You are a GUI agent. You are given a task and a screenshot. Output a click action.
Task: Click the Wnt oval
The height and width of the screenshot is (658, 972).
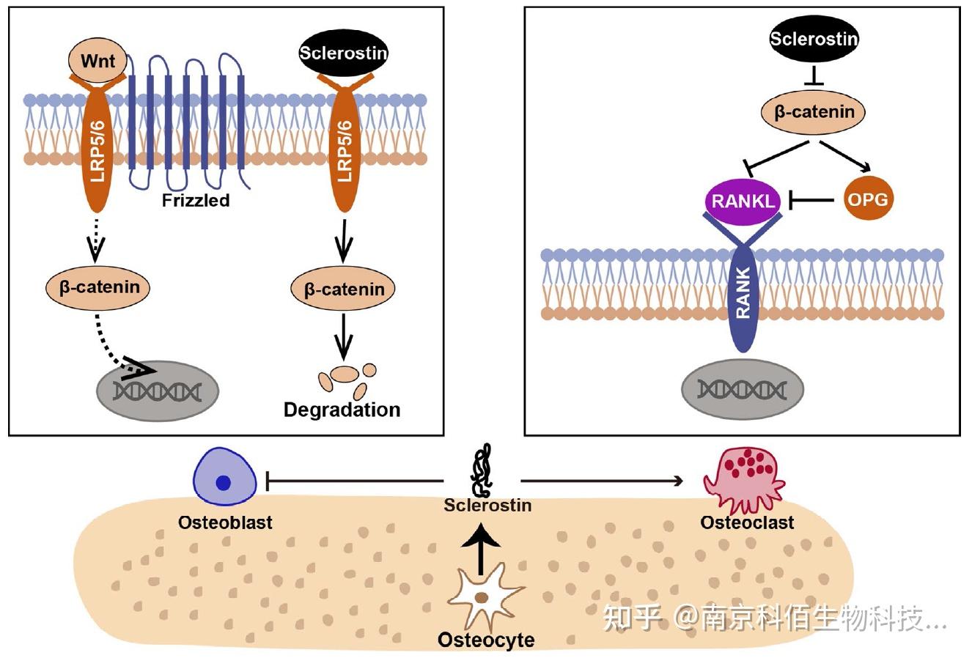[x=97, y=60]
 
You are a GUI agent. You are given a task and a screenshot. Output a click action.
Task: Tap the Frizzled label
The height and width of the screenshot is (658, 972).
[x=196, y=200]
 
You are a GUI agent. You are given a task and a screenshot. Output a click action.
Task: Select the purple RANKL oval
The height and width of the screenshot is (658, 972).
[x=743, y=202]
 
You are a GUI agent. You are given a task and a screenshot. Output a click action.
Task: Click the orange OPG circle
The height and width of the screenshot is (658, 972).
[x=869, y=199]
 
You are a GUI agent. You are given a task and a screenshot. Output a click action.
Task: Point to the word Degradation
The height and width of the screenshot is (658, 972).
[x=342, y=410]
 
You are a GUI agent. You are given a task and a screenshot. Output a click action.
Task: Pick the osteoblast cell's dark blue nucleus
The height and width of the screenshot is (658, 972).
[x=223, y=482]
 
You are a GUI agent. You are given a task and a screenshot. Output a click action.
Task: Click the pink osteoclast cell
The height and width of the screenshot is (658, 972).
[x=744, y=480]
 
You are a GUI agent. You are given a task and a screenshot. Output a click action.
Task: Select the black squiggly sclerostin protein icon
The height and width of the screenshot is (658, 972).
[x=481, y=470]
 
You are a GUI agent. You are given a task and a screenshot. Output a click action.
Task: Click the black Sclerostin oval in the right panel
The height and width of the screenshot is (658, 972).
[x=814, y=39]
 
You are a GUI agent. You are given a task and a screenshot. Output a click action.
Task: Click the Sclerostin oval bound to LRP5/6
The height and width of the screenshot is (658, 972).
[x=343, y=53]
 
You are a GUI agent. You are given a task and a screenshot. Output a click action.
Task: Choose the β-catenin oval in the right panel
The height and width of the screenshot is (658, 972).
[x=814, y=112]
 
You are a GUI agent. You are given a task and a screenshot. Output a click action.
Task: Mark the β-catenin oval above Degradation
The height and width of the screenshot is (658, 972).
[x=343, y=289]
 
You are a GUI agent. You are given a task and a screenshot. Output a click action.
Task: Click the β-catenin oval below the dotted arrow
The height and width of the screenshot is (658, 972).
[x=98, y=287]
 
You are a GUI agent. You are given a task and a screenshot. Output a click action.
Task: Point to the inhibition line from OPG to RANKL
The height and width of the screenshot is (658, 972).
[x=811, y=200]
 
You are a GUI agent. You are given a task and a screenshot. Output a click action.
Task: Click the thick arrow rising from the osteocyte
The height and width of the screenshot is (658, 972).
[x=480, y=549]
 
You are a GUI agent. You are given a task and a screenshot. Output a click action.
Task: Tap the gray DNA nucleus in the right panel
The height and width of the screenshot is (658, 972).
[x=743, y=389]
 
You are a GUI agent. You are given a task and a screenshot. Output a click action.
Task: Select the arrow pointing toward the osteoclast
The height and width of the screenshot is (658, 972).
[x=601, y=481]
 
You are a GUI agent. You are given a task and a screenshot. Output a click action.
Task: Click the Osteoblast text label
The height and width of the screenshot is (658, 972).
[x=225, y=522]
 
